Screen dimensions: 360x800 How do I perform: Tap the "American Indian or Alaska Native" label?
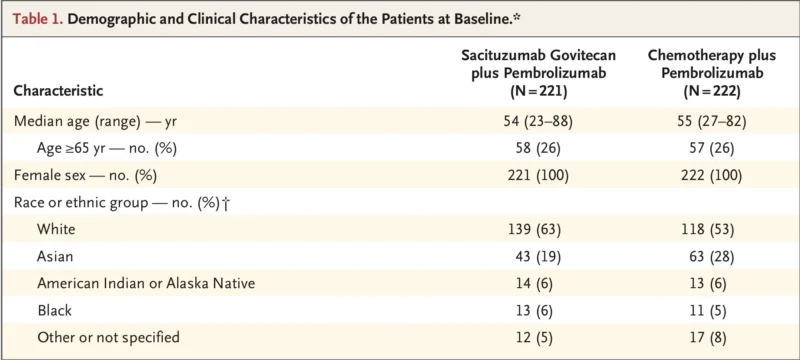coord(145,283)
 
